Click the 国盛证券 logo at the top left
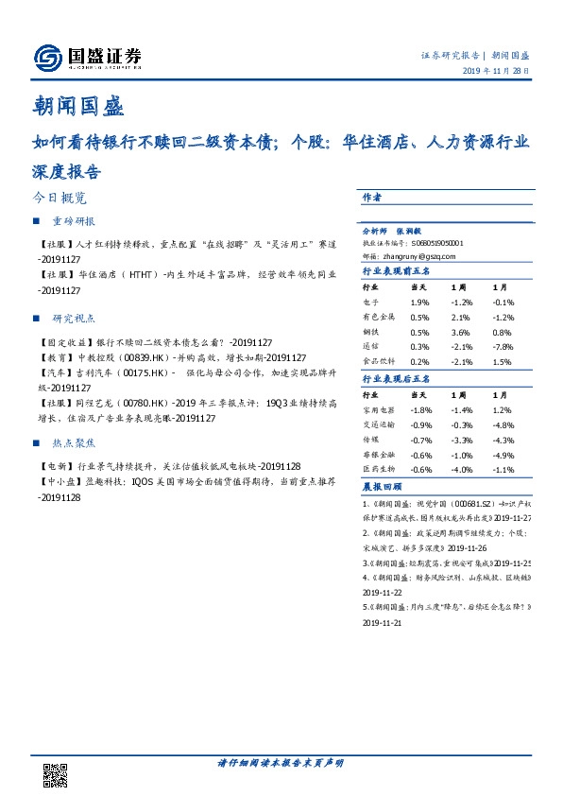click(x=87, y=58)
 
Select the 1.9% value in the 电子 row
click(x=419, y=302)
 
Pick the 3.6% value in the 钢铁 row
click(x=461, y=332)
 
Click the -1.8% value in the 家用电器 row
click(x=420, y=410)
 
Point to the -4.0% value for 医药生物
click(x=462, y=471)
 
